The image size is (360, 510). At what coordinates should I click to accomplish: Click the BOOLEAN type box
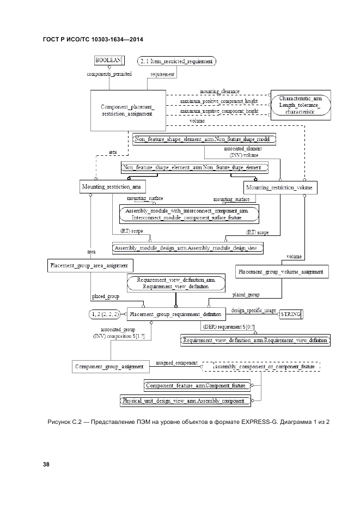[108, 61]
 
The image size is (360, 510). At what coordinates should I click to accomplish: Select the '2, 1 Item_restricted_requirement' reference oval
[176, 62]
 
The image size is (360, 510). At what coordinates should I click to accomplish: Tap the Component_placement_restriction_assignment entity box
[127, 110]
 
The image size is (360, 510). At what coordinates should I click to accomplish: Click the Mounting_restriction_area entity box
[111, 187]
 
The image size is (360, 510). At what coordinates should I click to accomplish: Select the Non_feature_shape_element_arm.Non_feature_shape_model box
[204, 139]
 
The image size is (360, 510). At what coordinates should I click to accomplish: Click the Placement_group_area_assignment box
[88, 266]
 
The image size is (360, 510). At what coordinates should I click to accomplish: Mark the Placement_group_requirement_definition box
[175, 314]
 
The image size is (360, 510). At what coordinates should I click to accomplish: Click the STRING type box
[290, 314]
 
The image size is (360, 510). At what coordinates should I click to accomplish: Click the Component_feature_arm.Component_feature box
[197, 385]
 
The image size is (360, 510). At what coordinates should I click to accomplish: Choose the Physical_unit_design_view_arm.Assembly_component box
[186, 401]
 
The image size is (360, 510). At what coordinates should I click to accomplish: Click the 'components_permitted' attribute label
[109, 74]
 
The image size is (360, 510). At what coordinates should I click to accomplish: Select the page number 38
[46, 464]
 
